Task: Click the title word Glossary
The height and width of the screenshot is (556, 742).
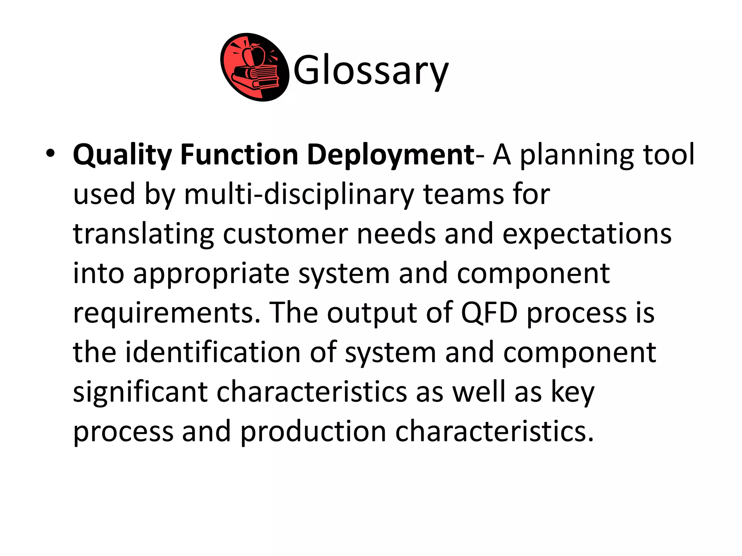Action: tap(371, 70)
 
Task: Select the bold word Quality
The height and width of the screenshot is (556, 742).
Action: tap(122, 155)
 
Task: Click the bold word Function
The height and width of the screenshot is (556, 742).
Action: tap(239, 154)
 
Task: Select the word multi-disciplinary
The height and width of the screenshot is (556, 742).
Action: tap(299, 194)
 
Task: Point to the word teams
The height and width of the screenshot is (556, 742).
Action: tap(463, 194)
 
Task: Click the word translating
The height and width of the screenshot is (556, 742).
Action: tap(143, 234)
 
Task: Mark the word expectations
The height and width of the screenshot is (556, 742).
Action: tap(587, 234)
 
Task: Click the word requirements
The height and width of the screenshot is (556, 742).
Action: tap(167, 313)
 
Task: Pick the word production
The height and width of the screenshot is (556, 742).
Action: tap(313, 431)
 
